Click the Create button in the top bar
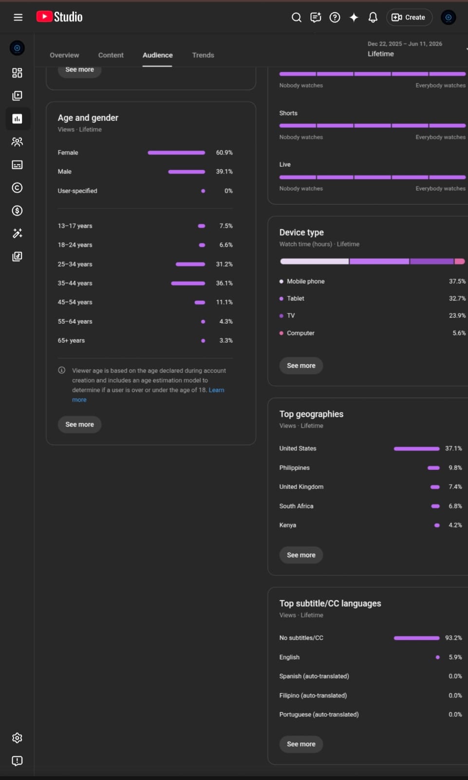pos(409,18)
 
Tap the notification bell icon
pos(373,18)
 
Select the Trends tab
pos(203,55)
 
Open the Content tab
pos(111,55)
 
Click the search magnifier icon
pos(296,18)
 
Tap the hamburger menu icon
pos(18,17)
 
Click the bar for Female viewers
pos(176,153)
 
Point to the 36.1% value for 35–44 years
pos(224,283)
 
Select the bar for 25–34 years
pos(190,264)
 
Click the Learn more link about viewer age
pos(148,395)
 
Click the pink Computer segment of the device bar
pos(460,261)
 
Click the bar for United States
pos(416,449)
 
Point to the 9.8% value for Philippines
pos(455,468)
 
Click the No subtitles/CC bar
pos(416,638)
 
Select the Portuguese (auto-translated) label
pos(318,715)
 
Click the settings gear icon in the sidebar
pos(17,738)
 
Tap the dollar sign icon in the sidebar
pos(17,211)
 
